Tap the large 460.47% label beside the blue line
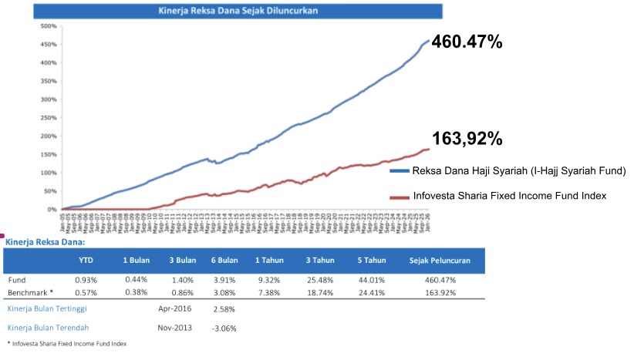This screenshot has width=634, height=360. (x=467, y=42)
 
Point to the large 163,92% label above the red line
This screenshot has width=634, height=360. (x=467, y=140)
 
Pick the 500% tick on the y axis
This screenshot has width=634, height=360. (x=48, y=26)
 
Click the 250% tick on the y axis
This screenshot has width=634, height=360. (x=48, y=118)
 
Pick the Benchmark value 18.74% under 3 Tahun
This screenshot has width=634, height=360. (x=318, y=294)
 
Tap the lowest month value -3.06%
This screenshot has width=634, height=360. (x=223, y=328)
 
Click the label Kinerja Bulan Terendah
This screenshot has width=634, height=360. (x=48, y=328)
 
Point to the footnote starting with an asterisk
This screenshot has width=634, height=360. (x=66, y=343)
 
